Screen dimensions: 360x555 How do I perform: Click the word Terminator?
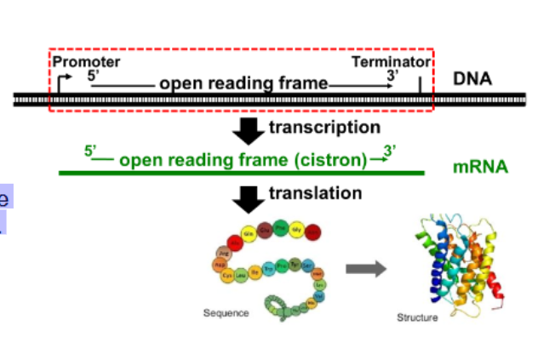(x=393, y=62)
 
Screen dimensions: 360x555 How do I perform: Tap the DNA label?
(x=472, y=79)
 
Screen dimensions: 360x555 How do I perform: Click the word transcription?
(x=324, y=128)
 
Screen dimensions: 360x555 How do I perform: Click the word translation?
(x=315, y=193)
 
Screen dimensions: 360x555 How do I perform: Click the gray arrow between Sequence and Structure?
(x=364, y=270)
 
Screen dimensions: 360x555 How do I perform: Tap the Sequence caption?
(x=226, y=312)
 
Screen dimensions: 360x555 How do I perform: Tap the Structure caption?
(x=417, y=317)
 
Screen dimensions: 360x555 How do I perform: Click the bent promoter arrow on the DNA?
(x=63, y=81)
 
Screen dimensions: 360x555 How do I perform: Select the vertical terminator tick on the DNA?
(x=419, y=84)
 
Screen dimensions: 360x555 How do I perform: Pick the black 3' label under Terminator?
(x=392, y=75)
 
